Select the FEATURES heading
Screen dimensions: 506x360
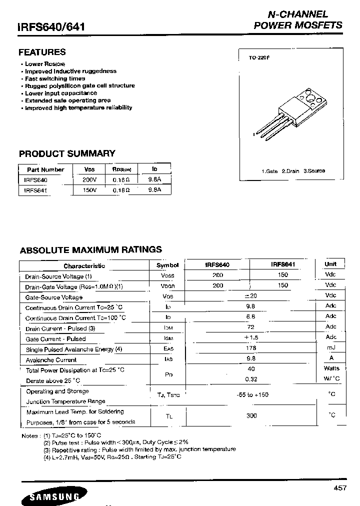[x=42, y=52]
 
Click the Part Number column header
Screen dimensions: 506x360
[x=45, y=169]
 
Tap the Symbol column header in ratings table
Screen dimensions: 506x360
[x=167, y=265]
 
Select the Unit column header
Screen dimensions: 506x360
[x=330, y=264]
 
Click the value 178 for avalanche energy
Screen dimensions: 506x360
[x=251, y=348]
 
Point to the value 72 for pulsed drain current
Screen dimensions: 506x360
[x=251, y=327]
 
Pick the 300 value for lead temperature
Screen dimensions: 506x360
[x=251, y=415]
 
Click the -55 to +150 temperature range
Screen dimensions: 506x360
[x=252, y=394]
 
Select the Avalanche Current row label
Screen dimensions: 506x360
[x=51, y=359]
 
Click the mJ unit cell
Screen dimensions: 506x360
[x=331, y=347]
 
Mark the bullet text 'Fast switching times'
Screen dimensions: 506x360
[x=55, y=78]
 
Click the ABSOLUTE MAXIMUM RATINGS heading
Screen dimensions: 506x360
[x=90, y=249]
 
